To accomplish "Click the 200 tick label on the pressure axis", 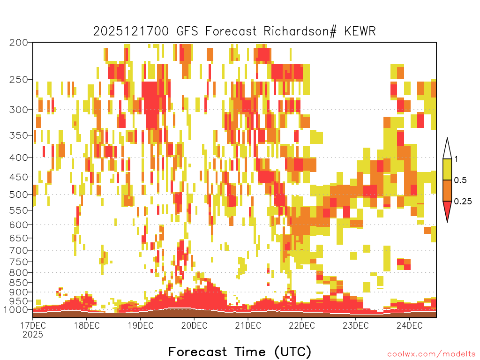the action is [x=18, y=43].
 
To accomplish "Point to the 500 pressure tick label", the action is [x=18, y=195].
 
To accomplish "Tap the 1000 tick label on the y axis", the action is [x=15, y=310].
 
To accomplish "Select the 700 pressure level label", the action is [x=18, y=250].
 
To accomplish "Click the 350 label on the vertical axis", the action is [x=18, y=135].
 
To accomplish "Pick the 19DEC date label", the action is [x=140, y=325].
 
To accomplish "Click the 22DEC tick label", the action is [x=302, y=325].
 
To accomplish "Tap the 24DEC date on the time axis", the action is [x=409, y=325].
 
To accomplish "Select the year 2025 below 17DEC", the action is [x=33, y=335].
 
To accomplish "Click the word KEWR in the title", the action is [x=360, y=31].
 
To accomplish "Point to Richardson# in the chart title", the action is [x=300, y=31].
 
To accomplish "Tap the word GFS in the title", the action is [x=187, y=31].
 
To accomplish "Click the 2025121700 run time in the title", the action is [x=131, y=31].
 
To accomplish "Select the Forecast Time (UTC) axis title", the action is [x=240, y=352].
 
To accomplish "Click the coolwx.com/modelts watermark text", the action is [x=431, y=354].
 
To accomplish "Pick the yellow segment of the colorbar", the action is [x=447, y=169].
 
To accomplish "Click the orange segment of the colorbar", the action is [x=447, y=190].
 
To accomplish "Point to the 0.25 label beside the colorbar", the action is [x=463, y=202].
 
